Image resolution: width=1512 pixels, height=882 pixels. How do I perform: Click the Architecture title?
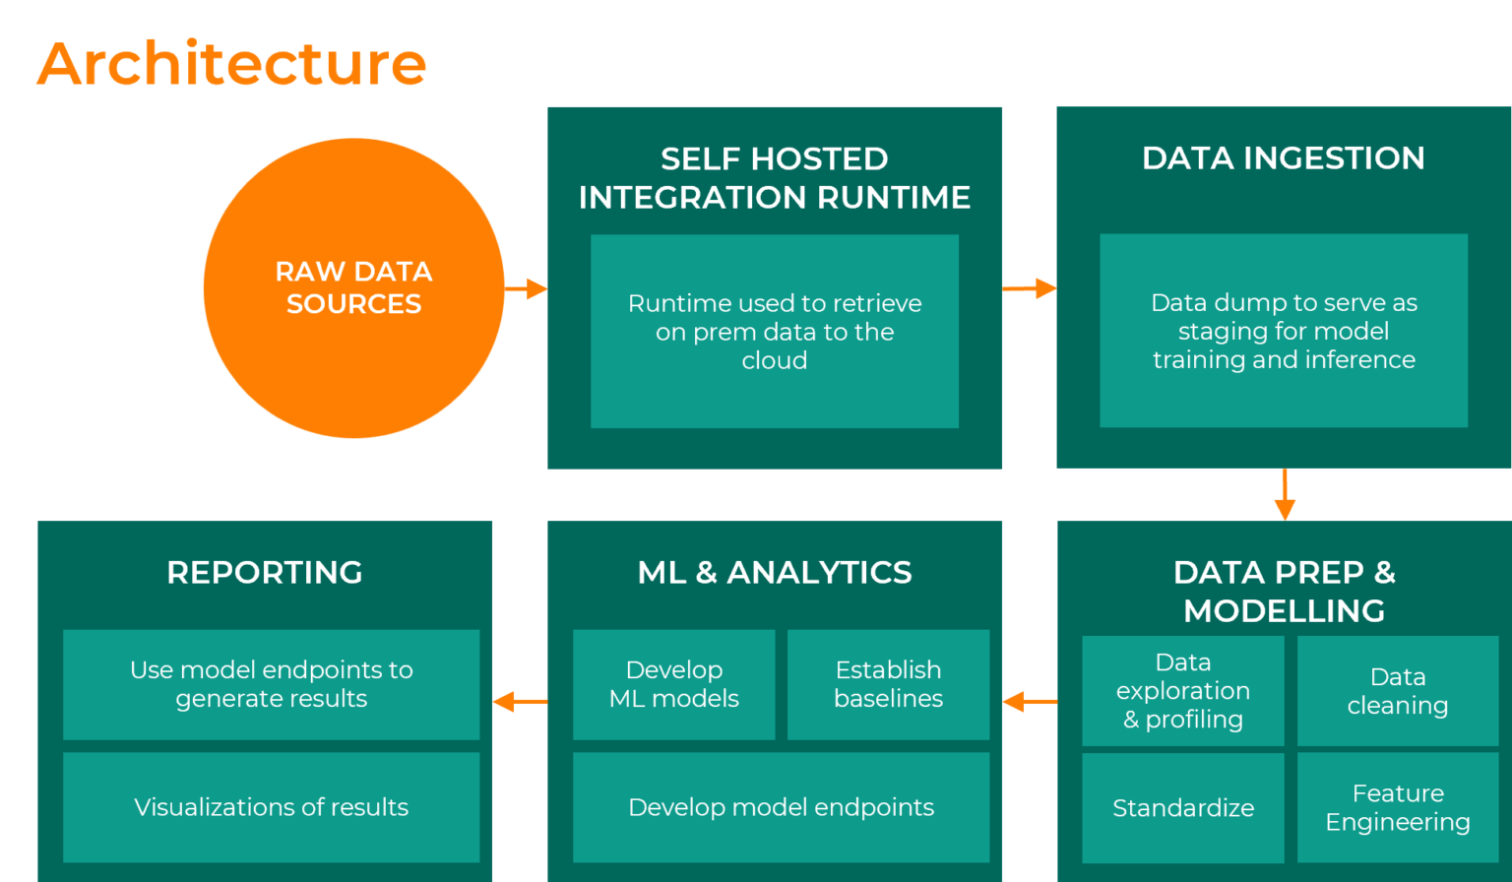pos(231,64)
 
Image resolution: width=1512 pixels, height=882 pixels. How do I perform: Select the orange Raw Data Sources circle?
pos(353,287)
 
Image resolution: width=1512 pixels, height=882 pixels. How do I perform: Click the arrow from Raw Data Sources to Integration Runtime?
pos(526,288)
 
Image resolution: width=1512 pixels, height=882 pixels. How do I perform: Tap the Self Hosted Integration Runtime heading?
pos(775,178)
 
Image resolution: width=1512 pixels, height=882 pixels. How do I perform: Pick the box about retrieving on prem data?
pos(775,331)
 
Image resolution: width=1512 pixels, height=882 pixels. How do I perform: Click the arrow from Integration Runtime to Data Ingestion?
pos(1030,288)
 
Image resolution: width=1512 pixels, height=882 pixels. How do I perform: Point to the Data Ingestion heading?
pos(1284,158)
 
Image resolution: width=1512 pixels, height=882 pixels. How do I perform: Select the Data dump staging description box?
pos(1284,331)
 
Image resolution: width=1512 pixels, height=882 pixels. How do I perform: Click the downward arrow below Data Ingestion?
pos(1285,494)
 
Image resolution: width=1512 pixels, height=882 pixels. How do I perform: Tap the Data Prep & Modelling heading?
pos(1284,591)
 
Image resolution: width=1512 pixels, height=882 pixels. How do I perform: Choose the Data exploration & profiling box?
pos(1183,691)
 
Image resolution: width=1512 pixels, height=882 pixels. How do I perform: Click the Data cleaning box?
pos(1398,691)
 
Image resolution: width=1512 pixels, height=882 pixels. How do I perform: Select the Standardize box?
pos(1183,808)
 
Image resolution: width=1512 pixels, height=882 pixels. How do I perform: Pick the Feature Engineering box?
pos(1398,808)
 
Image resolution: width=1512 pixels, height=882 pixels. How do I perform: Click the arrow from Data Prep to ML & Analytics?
pos(1030,702)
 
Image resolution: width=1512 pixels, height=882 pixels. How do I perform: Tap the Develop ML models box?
pos(674,684)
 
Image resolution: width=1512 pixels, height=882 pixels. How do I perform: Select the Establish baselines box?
pos(888,684)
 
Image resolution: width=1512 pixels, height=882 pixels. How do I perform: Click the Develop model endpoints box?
pos(781,807)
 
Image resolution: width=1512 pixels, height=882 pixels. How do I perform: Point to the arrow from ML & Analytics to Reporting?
pos(520,702)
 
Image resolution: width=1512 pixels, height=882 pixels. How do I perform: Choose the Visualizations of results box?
pos(271,807)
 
